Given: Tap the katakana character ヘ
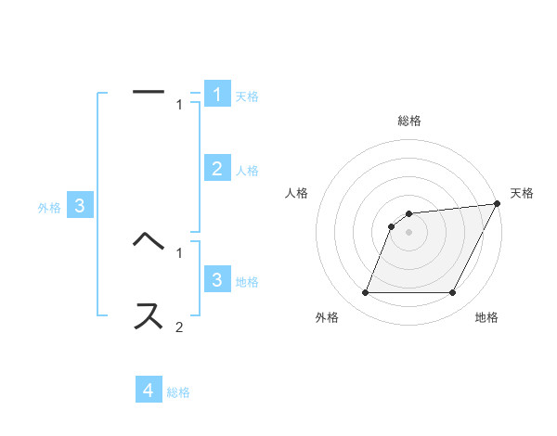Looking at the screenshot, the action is coord(149,240).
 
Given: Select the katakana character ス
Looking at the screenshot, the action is coord(149,315).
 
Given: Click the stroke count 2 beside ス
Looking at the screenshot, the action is coord(179,327).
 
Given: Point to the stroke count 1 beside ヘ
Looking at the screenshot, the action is coord(179,251).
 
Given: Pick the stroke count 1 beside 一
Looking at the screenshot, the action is coord(179,105).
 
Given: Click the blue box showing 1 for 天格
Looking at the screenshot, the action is coord(217,95).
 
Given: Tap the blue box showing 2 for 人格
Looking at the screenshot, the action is coord(217,169).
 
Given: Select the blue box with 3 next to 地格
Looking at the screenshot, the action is coord(217,280).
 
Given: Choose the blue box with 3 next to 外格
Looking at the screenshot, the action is coord(80,207).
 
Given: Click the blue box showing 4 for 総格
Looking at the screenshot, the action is coord(149,391).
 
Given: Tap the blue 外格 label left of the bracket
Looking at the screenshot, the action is coord(49,208).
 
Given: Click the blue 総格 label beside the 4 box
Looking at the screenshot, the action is coord(178,392).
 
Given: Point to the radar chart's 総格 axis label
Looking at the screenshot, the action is coord(409,121).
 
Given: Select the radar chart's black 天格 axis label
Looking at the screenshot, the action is coord(522,193).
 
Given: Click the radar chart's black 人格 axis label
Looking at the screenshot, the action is coord(297,193).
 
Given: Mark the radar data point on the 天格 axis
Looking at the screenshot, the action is coord(497,204).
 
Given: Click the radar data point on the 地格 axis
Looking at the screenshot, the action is coord(453,293).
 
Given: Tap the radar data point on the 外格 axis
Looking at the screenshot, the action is coord(365,293).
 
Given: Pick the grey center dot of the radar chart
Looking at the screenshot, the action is coord(409,232).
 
